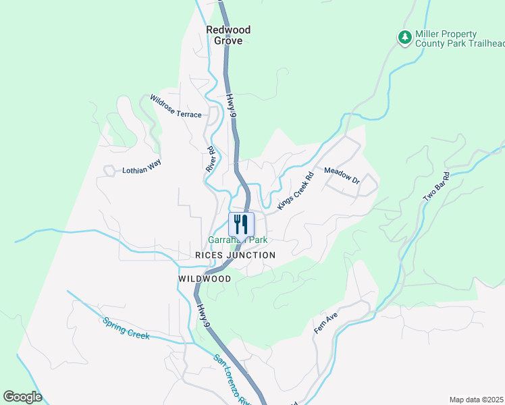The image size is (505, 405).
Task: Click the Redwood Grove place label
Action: (x=228, y=35)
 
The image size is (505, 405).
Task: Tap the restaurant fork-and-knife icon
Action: (x=241, y=224)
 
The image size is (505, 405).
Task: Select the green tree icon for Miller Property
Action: (x=404, y=38)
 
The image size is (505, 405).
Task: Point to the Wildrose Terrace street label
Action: (x=176, y=106)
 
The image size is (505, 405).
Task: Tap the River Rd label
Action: (x=210, y=159)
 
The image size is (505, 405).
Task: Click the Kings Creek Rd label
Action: (x=295, y=190)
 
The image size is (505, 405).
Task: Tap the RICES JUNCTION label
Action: (x=235, y=255)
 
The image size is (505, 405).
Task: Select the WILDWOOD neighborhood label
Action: (x=205, y=279)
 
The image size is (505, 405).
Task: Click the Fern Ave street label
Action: (x=325, y=323)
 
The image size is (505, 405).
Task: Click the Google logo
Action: (x=22, y=397)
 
